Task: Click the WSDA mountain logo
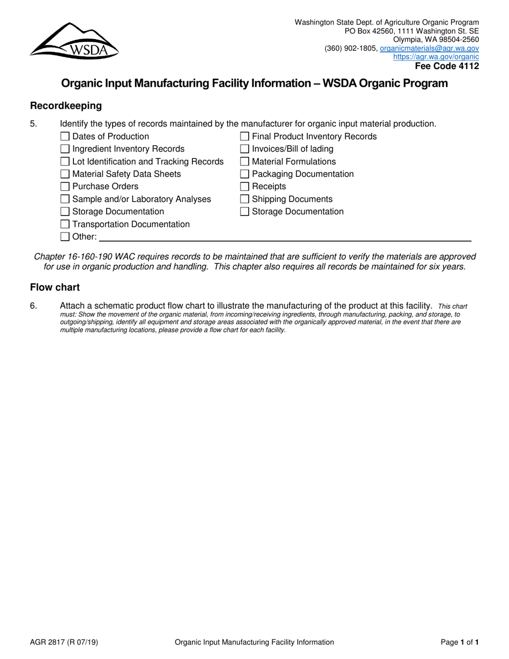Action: click(x=74, y=40)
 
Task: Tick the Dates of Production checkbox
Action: click(x=65, y=137)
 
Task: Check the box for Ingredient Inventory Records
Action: click(x=65, y=149)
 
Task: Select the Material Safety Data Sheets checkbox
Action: click(x=65, y=174)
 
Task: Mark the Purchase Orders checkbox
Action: click(x=65, y=186)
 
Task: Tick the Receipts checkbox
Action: click(x=244, y=186)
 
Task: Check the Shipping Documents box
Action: click(x=244, y=199)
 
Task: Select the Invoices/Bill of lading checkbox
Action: click(x=244, y=149)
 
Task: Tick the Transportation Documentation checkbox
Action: click(x=65, y=224)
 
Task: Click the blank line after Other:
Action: click(x=284, y=236)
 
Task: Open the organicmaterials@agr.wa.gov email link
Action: click(x=429, y=48)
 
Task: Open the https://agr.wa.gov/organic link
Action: click(x=436, y=56)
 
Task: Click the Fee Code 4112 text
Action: click(x=447, y=66)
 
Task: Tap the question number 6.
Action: click(x=34, y=306)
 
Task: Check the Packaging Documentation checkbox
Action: click(x=244, y=174)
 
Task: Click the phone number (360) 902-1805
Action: click(x=350, y=48)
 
